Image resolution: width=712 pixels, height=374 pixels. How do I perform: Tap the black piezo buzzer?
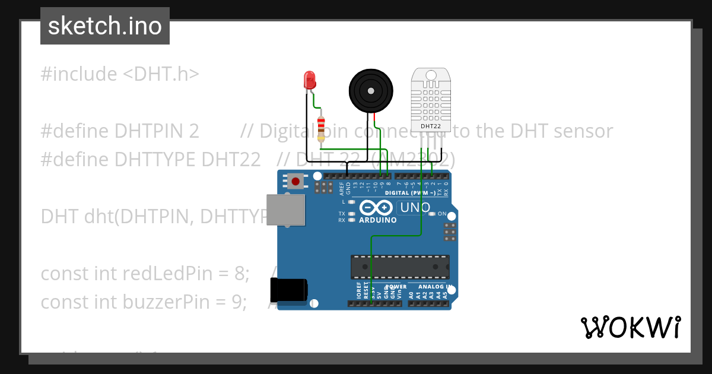pos(371,90)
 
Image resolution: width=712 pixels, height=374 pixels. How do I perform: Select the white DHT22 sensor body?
pos(431,98)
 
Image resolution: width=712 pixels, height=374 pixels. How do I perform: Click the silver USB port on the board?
pos(285,210)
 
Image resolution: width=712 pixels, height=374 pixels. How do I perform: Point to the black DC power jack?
pos(288,290)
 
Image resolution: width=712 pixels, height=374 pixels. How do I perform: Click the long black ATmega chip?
pos(399,267)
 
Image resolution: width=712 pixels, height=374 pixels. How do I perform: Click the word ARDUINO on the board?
pos(378,220)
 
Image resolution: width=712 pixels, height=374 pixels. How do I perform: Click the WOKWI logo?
pos(630,327)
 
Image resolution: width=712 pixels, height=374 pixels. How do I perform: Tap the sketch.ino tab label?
pos(105,26)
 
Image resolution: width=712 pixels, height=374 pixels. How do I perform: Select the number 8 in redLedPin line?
pos(239,274)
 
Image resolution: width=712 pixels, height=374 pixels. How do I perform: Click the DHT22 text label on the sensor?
pos(431,126)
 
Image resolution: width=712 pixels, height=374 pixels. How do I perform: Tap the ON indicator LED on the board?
pos(433,214)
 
